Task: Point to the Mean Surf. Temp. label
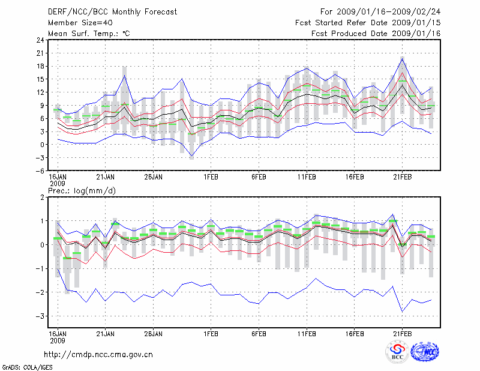point(89,34)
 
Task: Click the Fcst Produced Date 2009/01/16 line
point(376,34)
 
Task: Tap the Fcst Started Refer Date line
point(368,23)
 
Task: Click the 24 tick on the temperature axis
point(39,40)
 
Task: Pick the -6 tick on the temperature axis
point(39,170)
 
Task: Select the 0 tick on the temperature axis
point(41,145)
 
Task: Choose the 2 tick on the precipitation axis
point(41,198)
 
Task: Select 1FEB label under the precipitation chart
point(211,333)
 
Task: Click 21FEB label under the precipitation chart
point(403,333)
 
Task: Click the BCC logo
point(398,353)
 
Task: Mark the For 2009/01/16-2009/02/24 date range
point(380,12)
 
